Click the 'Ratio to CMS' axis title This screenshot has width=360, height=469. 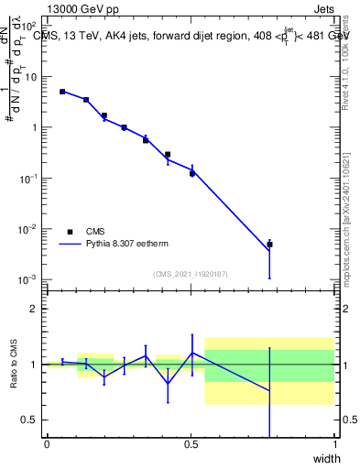coord(14,364)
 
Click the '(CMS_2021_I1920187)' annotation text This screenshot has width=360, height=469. coord(190,274)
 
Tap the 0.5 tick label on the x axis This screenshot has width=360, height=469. coord(191,444)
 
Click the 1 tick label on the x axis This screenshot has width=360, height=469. coord(335,444)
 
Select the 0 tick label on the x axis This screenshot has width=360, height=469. coord(47,444)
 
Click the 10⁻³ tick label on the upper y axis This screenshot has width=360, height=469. coord(29,278)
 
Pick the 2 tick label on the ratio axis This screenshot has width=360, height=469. coord(34,309)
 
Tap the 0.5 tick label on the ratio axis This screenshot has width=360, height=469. coord(29,420)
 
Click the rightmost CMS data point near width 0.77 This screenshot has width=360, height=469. coord(269,245)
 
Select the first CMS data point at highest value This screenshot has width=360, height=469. coord(62,92)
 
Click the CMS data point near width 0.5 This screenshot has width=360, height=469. coord(192,173)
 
